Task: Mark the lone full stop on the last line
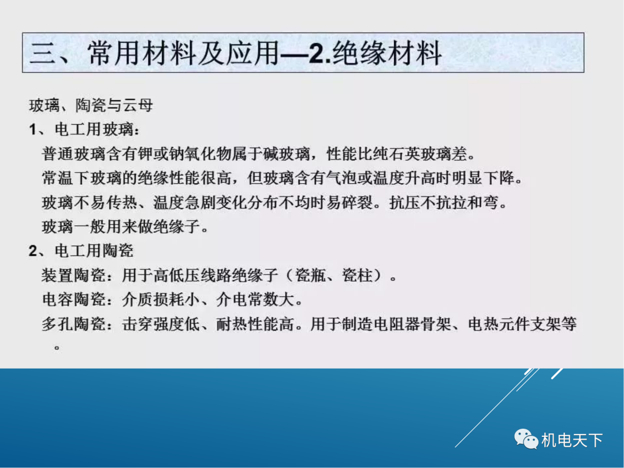(x=57, y=347)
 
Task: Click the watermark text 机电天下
(x=572, y=440)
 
